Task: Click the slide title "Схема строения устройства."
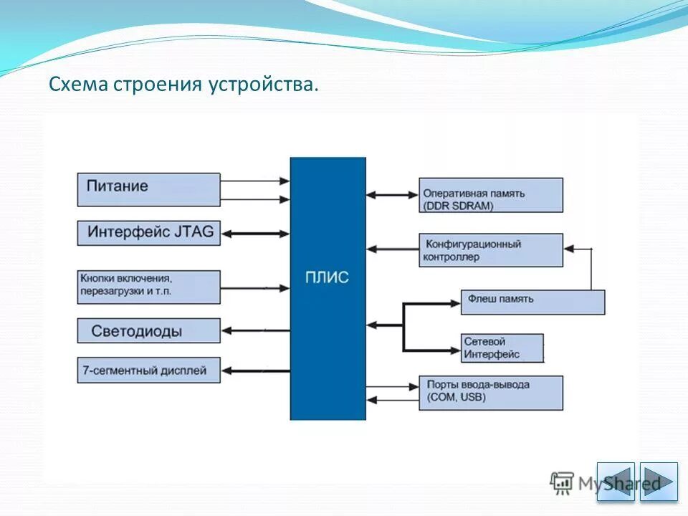point(183,85)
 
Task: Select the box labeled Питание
point(148,188)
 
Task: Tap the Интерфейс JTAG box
point(148,232)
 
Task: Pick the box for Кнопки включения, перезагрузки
point(148,286)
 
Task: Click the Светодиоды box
point(148,331)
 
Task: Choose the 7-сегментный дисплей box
point(148,371)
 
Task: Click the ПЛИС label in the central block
point(327,277)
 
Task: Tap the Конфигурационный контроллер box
point(490,250)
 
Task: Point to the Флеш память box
point(532,302)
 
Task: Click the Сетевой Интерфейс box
point(502,348)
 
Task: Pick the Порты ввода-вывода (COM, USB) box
point(490,392)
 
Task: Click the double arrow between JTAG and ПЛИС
point(255,233)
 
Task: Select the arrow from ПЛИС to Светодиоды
point(255,330)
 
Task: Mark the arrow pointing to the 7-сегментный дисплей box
point(255,371)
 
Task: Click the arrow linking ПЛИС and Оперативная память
point(392,194)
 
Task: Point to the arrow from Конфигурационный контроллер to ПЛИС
point(392,249)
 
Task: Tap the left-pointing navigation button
point(616,481)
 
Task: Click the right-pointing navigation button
point(659,481)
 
